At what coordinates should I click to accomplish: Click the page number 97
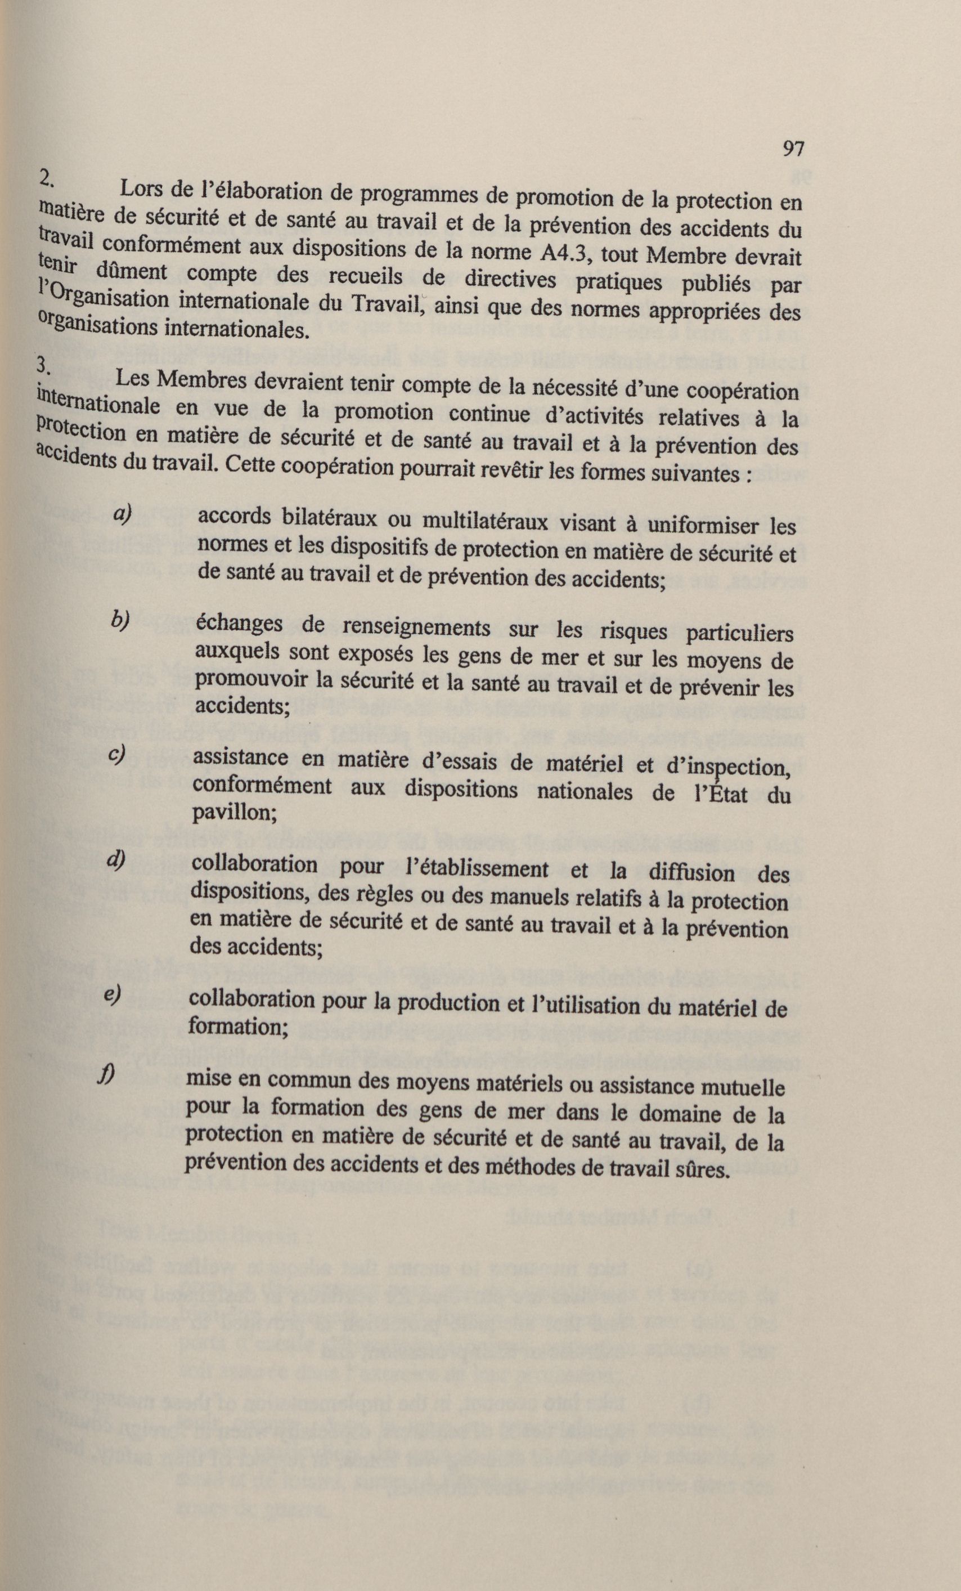click(793, 149)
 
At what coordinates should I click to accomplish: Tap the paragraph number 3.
click(44, 365)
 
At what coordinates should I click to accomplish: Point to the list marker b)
click(120, 620)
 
